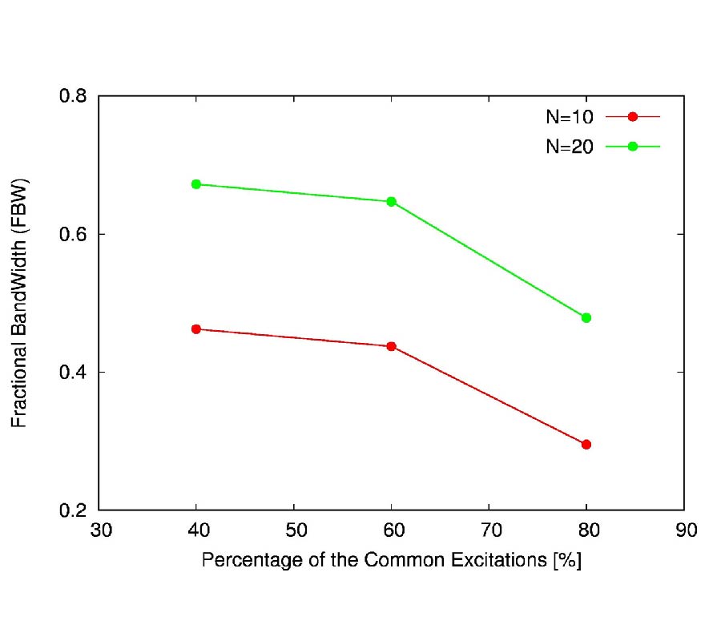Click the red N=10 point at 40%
click(196, 329)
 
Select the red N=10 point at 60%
click(391, 346)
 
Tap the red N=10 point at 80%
click(586, 444)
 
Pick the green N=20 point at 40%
click(196, 184)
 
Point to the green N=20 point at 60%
click(391, 201)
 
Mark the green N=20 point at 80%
click(586, 317)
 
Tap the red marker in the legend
click(632, 117)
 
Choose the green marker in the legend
click(632, 147)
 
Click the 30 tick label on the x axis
click(99, 530)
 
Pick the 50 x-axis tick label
click(294, 530)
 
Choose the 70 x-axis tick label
click(489, 530)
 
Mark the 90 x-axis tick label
click(683, 530)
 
